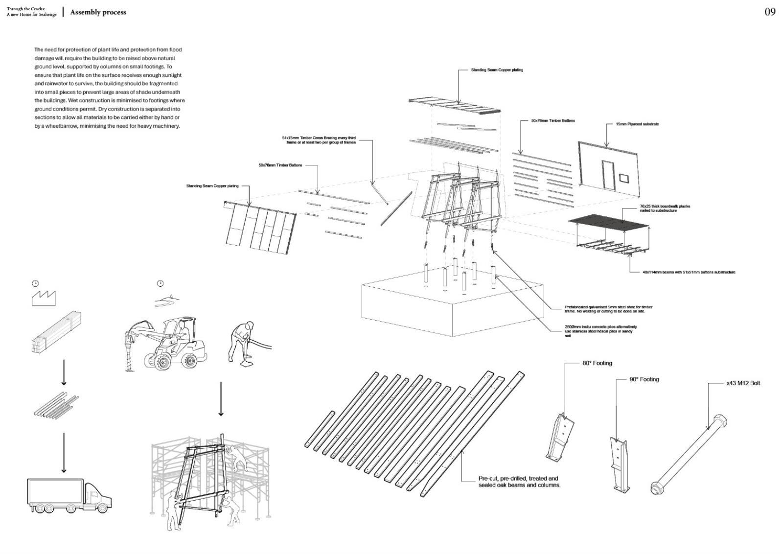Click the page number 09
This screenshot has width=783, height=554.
[x=770, y=12]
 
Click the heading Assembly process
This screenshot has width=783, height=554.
[x=98, y=12]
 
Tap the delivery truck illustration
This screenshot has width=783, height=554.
[x=69, y=495]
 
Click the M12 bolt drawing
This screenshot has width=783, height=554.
[x=689, y=455]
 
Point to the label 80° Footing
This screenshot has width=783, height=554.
[x=597, y=363]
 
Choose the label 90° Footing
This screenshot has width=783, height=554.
[x=644, y=379]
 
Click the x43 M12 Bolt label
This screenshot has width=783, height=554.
[x=743, y=383]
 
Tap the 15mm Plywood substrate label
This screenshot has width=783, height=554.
[x=637, y=124]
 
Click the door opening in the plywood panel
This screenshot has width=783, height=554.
[x=609, y=174]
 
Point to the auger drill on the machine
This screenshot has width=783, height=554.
[x=130, y=352]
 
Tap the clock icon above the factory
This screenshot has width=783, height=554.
[x=35, y=283]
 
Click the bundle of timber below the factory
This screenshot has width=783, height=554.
[x=56, y=333]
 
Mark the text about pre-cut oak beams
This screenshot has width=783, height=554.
[x=519, y=482]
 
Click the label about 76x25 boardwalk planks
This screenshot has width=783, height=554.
[x=665, y=208]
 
